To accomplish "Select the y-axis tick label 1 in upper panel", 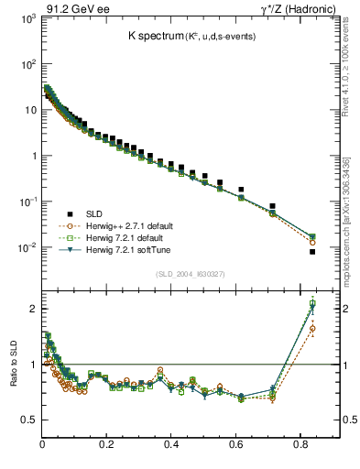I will (x=31, y=156).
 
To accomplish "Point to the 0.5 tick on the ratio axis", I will (x=27, y=420).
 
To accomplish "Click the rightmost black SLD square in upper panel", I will (x=312, y=252).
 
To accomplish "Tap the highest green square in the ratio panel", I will (x=312, y=303).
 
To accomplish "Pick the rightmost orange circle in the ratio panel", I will (x=312, y=328).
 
